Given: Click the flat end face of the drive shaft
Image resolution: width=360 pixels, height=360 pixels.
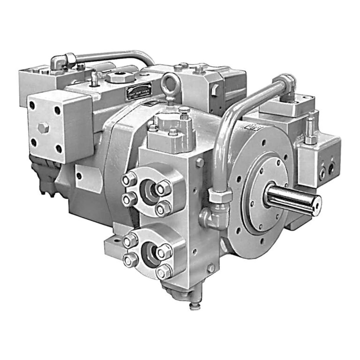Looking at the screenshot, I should point(317,203).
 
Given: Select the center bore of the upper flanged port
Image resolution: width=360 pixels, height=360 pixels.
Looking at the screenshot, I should point(149,192).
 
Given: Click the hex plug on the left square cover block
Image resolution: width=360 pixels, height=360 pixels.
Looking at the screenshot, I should point(44,127).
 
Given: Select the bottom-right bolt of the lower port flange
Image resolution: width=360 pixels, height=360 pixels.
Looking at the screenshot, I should point(165,272).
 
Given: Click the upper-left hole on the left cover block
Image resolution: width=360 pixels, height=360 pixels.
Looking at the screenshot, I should point(32,106).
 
